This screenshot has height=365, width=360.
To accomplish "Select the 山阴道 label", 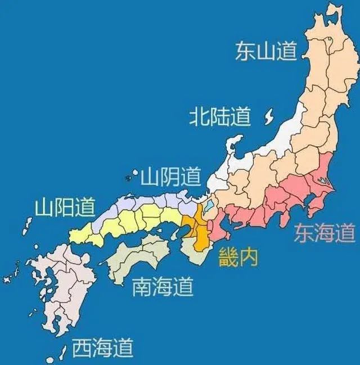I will (170, 178).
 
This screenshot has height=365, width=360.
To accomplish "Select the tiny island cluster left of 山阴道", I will (130, 178).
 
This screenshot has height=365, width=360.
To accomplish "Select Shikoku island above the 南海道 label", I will (138, 256).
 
